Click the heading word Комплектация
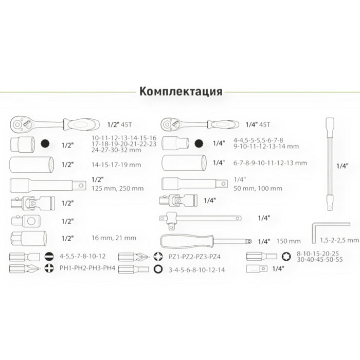pyautogui.click(x=181, y=92)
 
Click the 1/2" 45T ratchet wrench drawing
pyautogui.click(x=55, y=124)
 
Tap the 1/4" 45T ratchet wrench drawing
pyautogui.click(x=200, y=124)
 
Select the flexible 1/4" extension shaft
pyautogui.click(x=330, y=164)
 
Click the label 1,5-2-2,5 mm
pyautogui.click(x=339, y=240)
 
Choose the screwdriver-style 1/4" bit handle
pyautogui.click(x=206, y=241)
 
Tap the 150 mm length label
pyautogui.click(x=289, y=241)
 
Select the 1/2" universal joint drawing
pyautogui.click(x=33, y=203)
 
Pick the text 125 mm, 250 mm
pyautogui.click(x=118, y=189)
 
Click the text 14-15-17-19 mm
pyautogui.click(x=116, y=165)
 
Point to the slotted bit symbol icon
pyautogui.click(x=49, y=257)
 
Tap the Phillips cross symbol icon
pyautogui.click(x=49, y=268)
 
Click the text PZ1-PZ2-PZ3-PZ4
pyautogui.click(x=194, y=257)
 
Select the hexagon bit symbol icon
pyautogui.click(x=158, y=269)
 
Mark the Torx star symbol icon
pyautogui.click(x=286, y=257)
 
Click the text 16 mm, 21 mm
pyautogui.click(x=114, y=238)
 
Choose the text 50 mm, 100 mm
pyautogui.click(x=258, y=189)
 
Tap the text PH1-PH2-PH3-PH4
pyautogui.click(x=87, y=268)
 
